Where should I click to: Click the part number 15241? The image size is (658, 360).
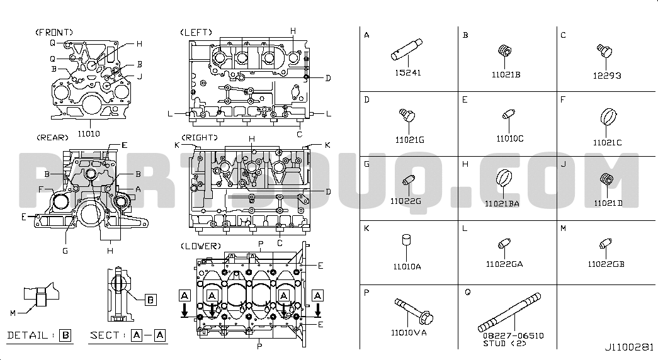(407, 72)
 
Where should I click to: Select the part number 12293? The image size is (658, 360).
(607, 76)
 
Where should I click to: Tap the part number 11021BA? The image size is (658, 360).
(502, 204)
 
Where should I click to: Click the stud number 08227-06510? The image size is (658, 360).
(513, 335)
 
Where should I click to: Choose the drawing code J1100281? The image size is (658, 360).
(628, 347)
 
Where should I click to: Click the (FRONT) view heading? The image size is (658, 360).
(54, 32)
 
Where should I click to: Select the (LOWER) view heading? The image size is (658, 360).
(201, 246)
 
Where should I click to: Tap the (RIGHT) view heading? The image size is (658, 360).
(200, 138)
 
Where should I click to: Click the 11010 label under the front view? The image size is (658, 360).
(89, 134)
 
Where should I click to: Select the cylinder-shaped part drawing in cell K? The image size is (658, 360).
(406, 240)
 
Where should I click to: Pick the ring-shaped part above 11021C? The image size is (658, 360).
(608, 117)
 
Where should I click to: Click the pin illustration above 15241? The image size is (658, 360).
(407, 50)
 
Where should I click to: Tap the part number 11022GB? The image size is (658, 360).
(606, 264)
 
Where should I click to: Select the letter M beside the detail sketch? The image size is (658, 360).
(13, 313)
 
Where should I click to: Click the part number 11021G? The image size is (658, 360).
(409, 140)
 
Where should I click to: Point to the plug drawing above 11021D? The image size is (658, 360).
(607, 179)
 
